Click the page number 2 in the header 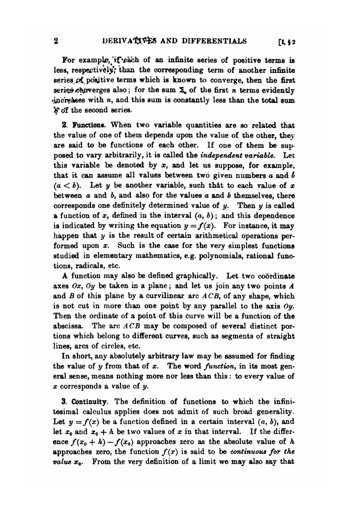[56, 41]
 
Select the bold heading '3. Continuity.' [86, 401]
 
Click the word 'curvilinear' [166, 296]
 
